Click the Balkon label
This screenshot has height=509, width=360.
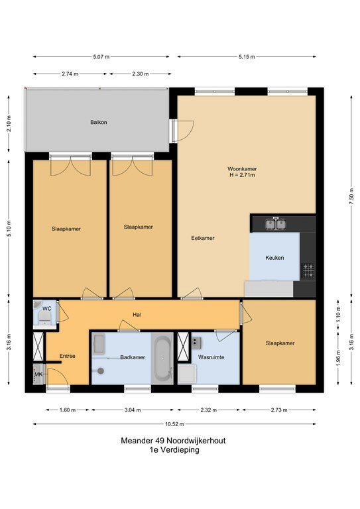(x=98, y=123)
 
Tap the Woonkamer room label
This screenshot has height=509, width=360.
(x=242, y=169)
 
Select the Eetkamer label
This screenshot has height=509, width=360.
(x=203, y=238)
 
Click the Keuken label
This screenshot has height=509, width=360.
(x=274, y=258)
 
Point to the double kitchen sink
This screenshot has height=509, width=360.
(x=276, y=224)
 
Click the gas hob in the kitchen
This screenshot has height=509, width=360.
(x=308, y=270)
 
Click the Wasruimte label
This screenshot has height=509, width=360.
(x=211, y=357)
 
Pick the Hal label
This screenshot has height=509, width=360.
(x=137, y=315)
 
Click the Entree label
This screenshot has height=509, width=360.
(x=68, y=356)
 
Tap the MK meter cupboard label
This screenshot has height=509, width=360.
(x=38, y=374)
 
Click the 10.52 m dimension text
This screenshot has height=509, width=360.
(x=174, y=424)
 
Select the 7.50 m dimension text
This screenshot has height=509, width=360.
(x=351, y=196)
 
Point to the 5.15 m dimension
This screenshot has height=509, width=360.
(x=247, y=57)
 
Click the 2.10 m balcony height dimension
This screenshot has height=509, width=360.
(x=9, y=123)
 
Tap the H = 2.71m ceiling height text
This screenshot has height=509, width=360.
(x=242, y=175)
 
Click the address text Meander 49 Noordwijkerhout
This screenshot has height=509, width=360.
(x=173, y=441)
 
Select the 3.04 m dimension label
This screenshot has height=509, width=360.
(x=133, y=410)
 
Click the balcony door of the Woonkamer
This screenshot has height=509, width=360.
(x=178, y=131)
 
